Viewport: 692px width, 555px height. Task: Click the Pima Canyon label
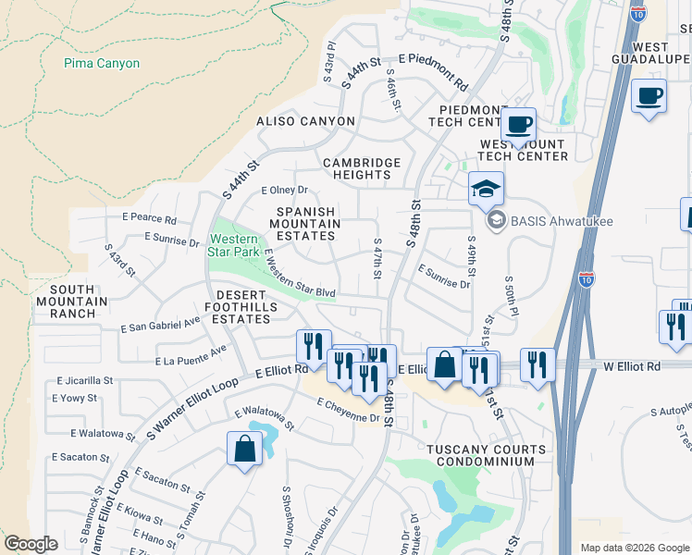102,64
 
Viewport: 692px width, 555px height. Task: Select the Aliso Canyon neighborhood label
306,121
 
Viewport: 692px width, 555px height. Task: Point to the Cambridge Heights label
362,168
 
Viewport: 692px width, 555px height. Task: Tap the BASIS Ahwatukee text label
565,220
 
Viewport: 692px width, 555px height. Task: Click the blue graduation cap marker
486,189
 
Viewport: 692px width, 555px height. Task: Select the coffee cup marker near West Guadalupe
649,95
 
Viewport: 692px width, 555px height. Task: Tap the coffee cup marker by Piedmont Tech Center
518,124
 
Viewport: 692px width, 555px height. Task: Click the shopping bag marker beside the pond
244,450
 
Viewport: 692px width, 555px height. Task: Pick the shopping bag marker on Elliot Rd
444,364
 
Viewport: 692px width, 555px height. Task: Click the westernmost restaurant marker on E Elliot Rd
314,347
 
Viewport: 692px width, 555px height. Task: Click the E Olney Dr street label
284,191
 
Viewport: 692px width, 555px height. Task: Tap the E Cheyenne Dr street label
348,410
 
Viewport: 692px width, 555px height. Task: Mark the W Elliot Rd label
631,367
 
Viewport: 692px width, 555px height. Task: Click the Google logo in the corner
31,544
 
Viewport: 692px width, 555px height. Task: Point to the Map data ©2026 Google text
633,548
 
